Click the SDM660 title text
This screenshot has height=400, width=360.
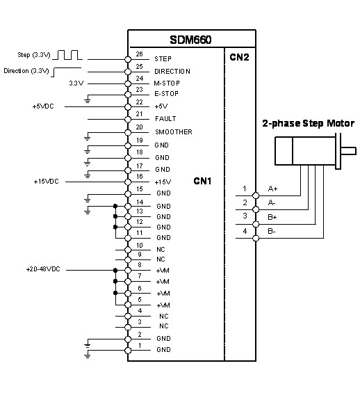click(x=190, y=40)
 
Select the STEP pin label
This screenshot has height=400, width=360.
click(x=163, y=59)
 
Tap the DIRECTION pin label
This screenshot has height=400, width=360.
click(x=172, y=72)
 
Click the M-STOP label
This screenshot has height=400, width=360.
click(x=167, y=83)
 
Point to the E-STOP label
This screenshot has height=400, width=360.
click(x=166, y=94)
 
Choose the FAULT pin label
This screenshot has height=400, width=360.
click(x=165, y=119)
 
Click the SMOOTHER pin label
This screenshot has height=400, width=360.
click(x=174, y=132)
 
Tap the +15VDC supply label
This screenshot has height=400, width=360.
click(x=46, y=182)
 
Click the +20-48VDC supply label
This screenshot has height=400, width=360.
click(x=43, y=269)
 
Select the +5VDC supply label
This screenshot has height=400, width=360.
click(x=43, y=106)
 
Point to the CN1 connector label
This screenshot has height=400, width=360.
click(x=202, y=181)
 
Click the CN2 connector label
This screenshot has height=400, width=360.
click(x=239, y=57)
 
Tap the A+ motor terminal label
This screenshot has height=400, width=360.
click(x=272, y=189)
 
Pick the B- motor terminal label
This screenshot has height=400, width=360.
click(x=272, y=231)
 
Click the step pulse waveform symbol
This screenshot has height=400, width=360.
click(x=67, y=55)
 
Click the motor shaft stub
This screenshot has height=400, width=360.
click(x=348, y=151)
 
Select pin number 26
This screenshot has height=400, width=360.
click(x=139, y=54)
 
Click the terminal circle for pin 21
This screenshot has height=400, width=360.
click(x=128, y=119)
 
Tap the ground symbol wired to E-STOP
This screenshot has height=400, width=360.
click(x=88, y=99)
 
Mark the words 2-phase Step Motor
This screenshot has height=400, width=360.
click(x=309, y=123)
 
